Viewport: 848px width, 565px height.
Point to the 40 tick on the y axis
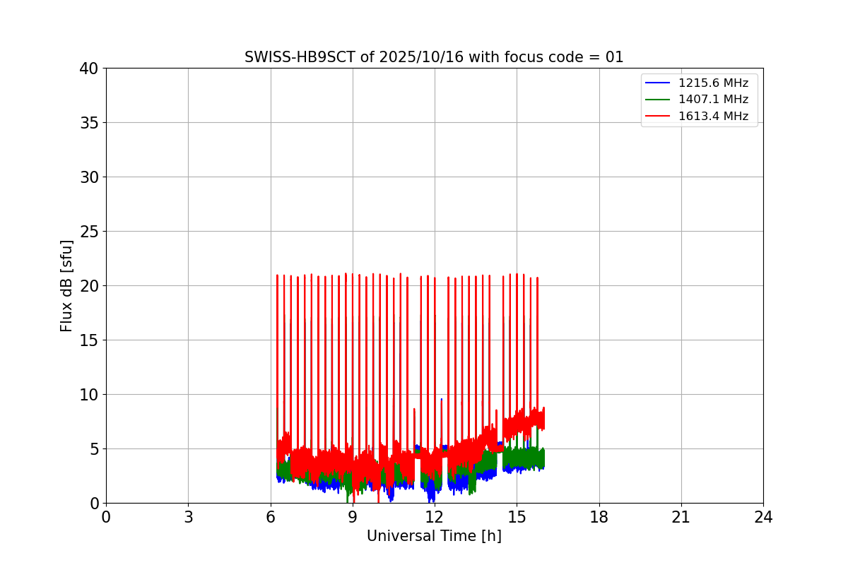point(89,69)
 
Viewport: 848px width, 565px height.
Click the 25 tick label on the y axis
point(89,232)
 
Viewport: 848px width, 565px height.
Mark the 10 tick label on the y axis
point(89,395)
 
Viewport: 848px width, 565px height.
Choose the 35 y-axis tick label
point(89,123)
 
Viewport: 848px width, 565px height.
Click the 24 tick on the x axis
point(763,518)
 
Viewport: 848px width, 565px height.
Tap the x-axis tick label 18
point(599,518)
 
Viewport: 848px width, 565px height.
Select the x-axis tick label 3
point(188,518)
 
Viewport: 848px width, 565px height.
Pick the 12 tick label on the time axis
point(435,518)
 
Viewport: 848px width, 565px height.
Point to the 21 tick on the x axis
point(681,518)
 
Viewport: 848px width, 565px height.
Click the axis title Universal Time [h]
point(434,537)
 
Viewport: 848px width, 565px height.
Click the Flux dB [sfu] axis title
point(66,285)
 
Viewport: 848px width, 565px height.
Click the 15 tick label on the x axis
point(517,518)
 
